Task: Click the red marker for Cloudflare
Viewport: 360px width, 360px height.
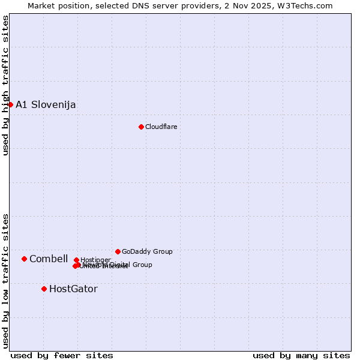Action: click(x=141, y=127)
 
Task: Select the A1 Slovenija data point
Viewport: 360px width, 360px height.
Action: click(x=10, y=104)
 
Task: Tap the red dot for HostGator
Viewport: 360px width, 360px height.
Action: click(x=44, y=289)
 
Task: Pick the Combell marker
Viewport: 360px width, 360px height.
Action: click(x=24, y=259)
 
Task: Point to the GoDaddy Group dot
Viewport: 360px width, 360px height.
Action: click(x=118, y=251)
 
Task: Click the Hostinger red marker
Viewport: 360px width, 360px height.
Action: click(x=76, y=260)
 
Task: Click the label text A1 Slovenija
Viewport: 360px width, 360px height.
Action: click(x=46, y=104)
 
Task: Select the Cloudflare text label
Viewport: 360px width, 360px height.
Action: click(x=161, y=127)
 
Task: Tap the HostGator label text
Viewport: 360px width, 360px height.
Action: click(x=73, y=289)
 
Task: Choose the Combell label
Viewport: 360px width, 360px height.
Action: click(x=48, y=259)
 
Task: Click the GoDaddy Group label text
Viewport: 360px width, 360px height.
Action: click(x=146, y=251)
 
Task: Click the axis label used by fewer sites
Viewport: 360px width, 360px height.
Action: click(x=62, y=355)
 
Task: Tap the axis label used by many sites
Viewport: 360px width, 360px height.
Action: click(x=301, y=355)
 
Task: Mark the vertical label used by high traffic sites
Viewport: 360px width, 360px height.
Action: click(x=5, y=85)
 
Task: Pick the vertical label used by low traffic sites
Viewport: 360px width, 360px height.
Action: click(x=5, y=281)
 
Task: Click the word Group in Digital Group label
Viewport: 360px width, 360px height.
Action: click(x=142, y=264)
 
